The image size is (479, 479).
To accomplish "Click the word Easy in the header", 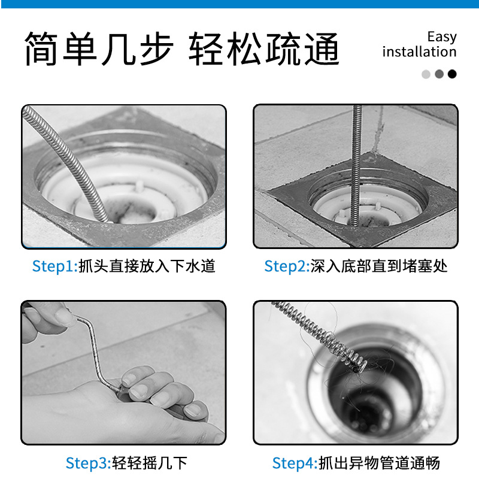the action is tap(442, 37).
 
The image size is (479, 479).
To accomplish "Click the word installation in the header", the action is tap(420, 51).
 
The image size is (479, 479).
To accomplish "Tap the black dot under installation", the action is tap(452, 74).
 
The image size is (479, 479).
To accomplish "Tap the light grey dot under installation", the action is tap(426, 74).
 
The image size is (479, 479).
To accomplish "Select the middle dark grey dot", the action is tap(439, 74).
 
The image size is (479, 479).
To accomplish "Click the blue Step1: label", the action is tap(55, 266).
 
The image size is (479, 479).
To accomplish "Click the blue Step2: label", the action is tap(287, 266).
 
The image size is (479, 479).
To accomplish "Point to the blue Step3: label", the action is tap(89, 463).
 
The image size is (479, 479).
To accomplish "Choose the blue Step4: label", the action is tap(295, 463).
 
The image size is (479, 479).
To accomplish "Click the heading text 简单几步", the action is tap(99, 48).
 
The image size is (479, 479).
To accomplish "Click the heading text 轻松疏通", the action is tap(264, 48).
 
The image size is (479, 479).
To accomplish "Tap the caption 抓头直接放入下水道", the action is tap(147, 266).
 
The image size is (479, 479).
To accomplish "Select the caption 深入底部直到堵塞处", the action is tap(379, 266).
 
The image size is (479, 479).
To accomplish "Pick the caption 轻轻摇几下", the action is tap(150, 463).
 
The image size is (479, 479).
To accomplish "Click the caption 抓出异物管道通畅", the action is tap(379, 463).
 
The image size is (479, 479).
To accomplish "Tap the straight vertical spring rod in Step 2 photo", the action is tap(356, 165).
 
